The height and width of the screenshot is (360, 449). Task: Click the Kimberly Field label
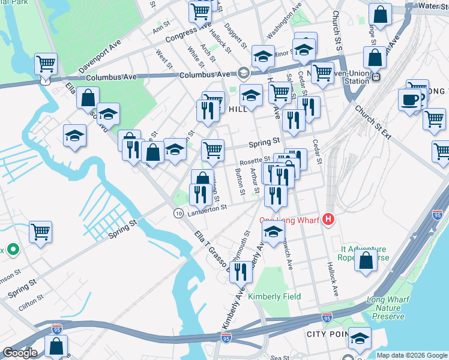tap(274, 296)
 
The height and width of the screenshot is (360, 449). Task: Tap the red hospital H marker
tap(328, 220)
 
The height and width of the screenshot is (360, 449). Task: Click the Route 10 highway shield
tap(178, 214)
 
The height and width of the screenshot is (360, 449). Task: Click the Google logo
tap(20, 353)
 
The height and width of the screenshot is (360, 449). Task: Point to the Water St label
tap(433, 5)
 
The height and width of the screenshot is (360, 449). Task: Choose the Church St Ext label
tap(372, 122)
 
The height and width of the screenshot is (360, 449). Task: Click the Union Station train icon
tap(376, 77)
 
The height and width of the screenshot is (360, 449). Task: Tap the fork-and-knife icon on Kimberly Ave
tap(241, 271)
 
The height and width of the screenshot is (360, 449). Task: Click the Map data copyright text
tap(412, 355)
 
